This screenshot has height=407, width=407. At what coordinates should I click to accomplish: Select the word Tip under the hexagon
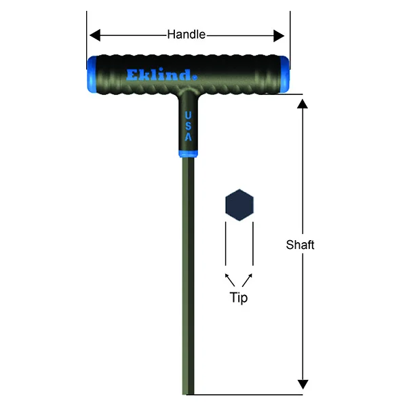239,298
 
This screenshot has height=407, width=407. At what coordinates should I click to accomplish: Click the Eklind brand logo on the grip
160,74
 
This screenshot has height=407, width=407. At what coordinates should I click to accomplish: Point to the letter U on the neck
188,115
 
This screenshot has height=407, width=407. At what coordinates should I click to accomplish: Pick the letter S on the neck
188,125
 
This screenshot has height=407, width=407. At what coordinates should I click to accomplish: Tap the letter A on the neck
188,137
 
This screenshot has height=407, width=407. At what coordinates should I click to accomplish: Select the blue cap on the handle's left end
91,73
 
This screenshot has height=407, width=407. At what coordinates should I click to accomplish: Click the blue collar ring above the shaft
188,153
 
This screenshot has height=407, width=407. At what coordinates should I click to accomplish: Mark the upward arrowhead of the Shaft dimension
303,102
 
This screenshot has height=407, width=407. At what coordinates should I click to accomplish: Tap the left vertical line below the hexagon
226,244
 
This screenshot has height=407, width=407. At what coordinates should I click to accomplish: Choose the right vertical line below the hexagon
253,244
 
